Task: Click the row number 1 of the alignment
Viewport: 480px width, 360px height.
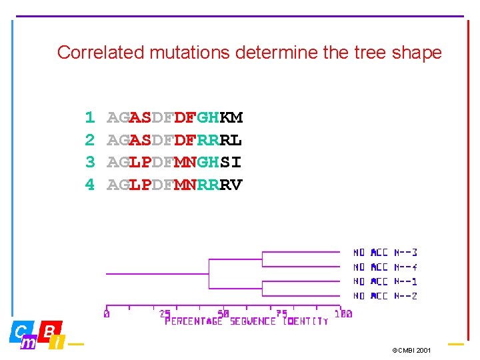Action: click(x=90, y=119)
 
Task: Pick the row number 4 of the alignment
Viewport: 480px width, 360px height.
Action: click(x=90, y=185)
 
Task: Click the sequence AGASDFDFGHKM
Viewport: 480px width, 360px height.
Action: click(x=175, y=119)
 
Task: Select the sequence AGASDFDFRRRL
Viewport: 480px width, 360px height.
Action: click(x=175, y=141)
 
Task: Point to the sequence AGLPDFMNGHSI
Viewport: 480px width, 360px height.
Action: click(x=175, y=163)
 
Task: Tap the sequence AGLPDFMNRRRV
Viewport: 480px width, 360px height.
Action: click(x=175, y=185)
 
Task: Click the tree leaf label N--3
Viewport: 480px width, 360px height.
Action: click(x=385, y=253)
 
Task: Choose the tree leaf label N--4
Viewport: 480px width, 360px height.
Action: click(x=385, y=267)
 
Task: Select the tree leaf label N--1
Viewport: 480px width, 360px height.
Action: click(x=385, y=281)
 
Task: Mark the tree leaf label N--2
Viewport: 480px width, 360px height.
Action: click(x=385, y=295)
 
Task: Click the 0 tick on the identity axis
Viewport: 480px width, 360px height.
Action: click(x=107, y=313)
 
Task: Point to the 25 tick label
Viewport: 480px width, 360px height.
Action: click(x=165, y=313)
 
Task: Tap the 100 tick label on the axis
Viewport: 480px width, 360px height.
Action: click(x=343, y=313)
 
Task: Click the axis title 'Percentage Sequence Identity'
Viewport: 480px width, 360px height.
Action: click(x=247, y=322)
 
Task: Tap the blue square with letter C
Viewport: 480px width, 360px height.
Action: click(x=20, y=331)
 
